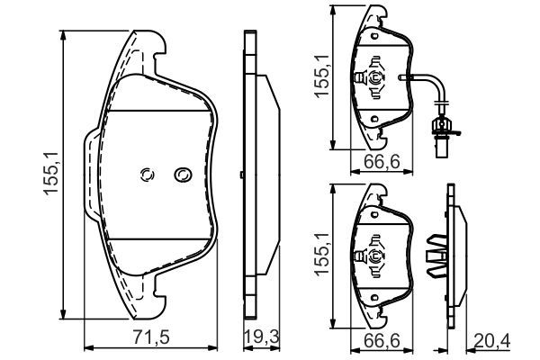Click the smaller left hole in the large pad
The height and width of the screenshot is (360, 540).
(x=148, y=175)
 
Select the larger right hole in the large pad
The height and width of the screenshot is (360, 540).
(x=183, y=174)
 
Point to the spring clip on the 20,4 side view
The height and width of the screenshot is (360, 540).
(x=438, y=255)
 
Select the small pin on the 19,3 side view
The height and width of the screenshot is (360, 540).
(x=244, y=173)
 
